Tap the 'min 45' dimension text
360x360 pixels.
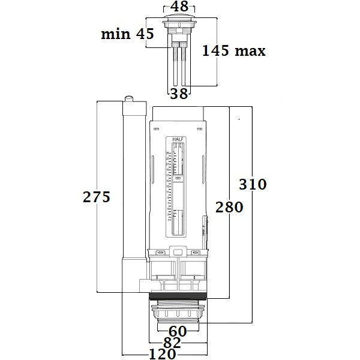click(128, 34)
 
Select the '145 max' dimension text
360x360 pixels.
click(234, 51)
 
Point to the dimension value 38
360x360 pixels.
click(179, 93)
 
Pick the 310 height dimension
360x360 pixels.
click(253, 184)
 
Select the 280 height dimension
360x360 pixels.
click(229, 207)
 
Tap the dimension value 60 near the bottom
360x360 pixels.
click(178, 331)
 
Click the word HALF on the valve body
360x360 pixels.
click(178, 140)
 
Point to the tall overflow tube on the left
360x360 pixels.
click(133, 180)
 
